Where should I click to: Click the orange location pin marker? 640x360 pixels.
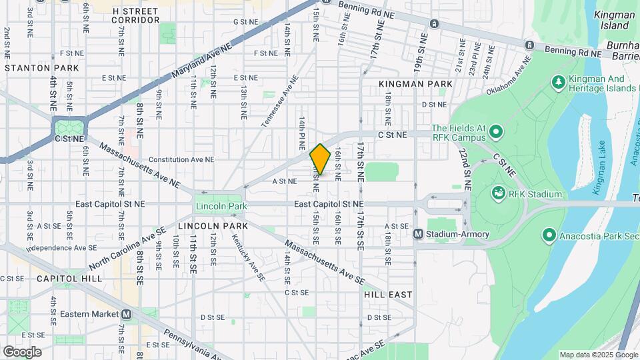[320, 159]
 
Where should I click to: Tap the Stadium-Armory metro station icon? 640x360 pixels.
[419, 234]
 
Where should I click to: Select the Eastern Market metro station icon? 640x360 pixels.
[127, 314]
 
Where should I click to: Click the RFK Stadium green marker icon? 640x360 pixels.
[497, 194]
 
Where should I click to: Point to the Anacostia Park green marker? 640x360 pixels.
[549, 235]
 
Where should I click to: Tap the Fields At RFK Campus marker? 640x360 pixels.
[496, 132]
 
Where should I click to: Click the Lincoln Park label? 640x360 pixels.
[217, 207]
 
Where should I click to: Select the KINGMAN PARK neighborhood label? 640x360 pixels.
[415, 84]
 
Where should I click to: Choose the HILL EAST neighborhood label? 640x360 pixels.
[388, 294]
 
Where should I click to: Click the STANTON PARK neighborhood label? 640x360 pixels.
[41, 68]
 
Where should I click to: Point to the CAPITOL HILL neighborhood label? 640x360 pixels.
[69, 278]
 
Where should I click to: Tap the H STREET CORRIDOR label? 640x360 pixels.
[136, 16]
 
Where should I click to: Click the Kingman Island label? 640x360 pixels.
[614, 20]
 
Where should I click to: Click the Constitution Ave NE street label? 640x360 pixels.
[181, 160]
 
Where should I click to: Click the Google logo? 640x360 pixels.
[22, 352]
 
